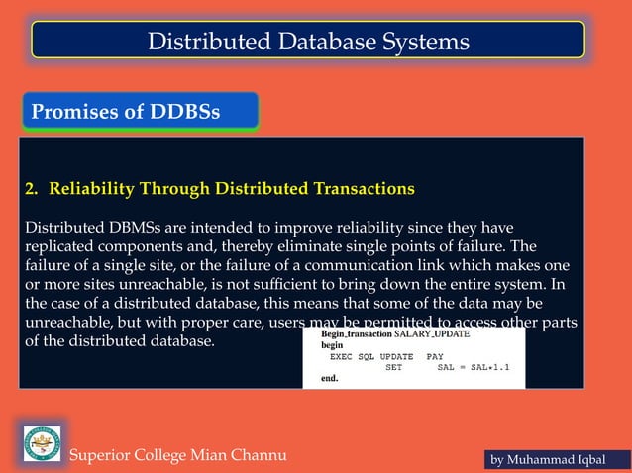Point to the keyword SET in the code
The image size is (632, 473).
(393, 366)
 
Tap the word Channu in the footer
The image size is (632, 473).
(248, 455)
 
